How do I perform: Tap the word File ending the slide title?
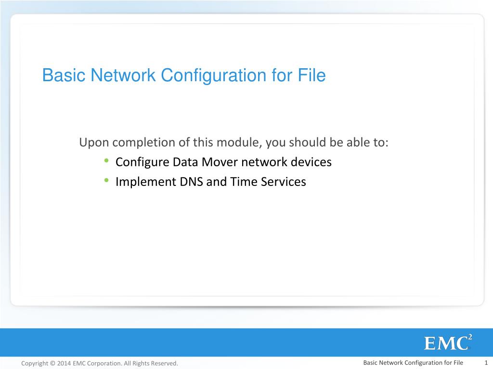(x=313, y=76)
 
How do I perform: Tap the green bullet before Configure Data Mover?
(x=105, y=161)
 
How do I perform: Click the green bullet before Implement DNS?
(x=105, y=181)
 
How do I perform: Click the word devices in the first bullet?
(x=311, y=162)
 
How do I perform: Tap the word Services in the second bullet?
(x=283, y=182)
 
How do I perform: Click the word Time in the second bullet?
(x=244, y=182)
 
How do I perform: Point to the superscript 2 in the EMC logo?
(x=470, y=337)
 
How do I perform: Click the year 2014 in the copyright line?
(x=64, y=363)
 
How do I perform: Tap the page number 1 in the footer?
(x=486, y=363)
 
